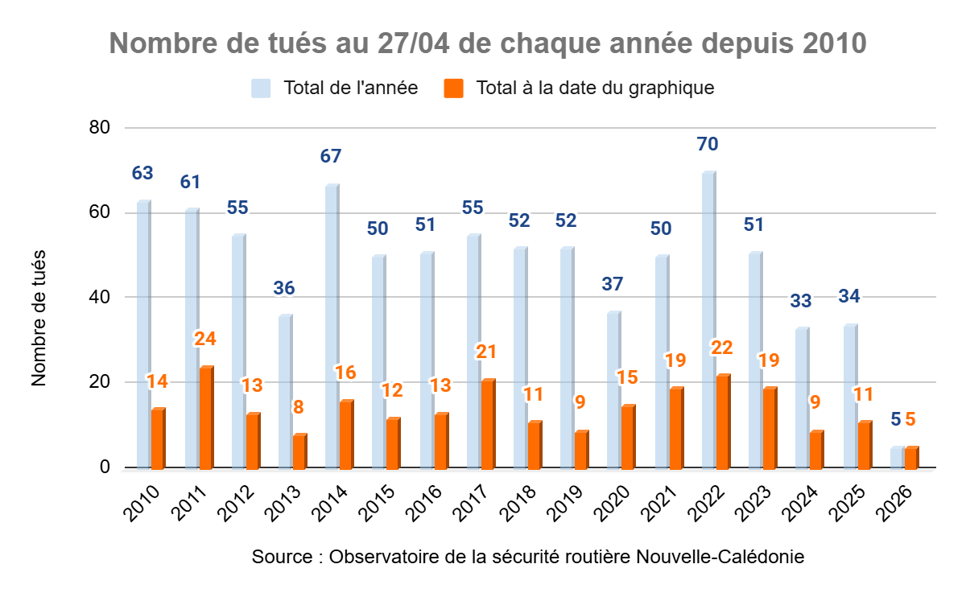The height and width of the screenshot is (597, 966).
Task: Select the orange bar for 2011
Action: click(x=206, y=418)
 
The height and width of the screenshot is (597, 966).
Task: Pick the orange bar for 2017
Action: click(x=488, y=424)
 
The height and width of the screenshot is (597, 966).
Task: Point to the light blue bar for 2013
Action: click(x=285, y=392)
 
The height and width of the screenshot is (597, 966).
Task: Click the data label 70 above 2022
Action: click(x=708, y=145)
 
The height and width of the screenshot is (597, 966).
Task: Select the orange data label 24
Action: click(x=205, y=339)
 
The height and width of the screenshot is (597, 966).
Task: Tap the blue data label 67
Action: click(x=331, y=157)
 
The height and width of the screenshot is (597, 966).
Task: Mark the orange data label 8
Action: click(x=299, y=407)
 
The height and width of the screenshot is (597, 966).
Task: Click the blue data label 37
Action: click(x=613, y=284)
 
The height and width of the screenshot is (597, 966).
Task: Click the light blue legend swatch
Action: click(x=260, y=88)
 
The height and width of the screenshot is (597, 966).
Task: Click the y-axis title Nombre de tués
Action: click(x=39, y=318)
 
